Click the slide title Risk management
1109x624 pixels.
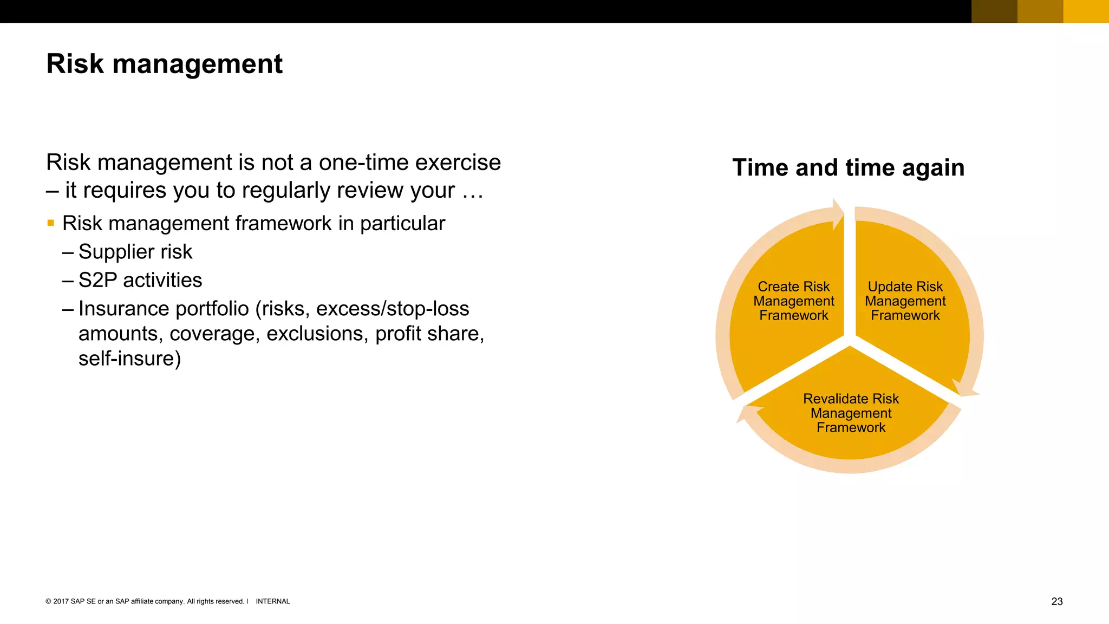[x=164, y=64]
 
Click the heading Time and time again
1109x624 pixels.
[x=848, y=167]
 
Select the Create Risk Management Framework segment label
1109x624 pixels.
[x=793, y=301]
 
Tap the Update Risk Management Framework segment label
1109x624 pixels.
[x=905, y=301]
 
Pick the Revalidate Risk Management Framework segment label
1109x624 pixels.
[x=851, y=413]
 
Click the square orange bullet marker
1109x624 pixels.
[x=51, y=223]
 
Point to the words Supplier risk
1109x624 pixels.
[x=135, y=251]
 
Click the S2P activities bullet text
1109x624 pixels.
[x=140, y=280]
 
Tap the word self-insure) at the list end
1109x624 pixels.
[x=129, y=359]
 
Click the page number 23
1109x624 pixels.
[x=1056, y=601]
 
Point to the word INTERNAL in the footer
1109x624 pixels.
[x=272, y=601]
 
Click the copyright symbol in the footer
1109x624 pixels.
[x=48, y=601]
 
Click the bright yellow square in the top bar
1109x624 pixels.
[x=1086, y=11]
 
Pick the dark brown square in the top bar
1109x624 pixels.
[x=994, y=11]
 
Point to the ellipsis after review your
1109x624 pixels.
[x=472, y=191]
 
